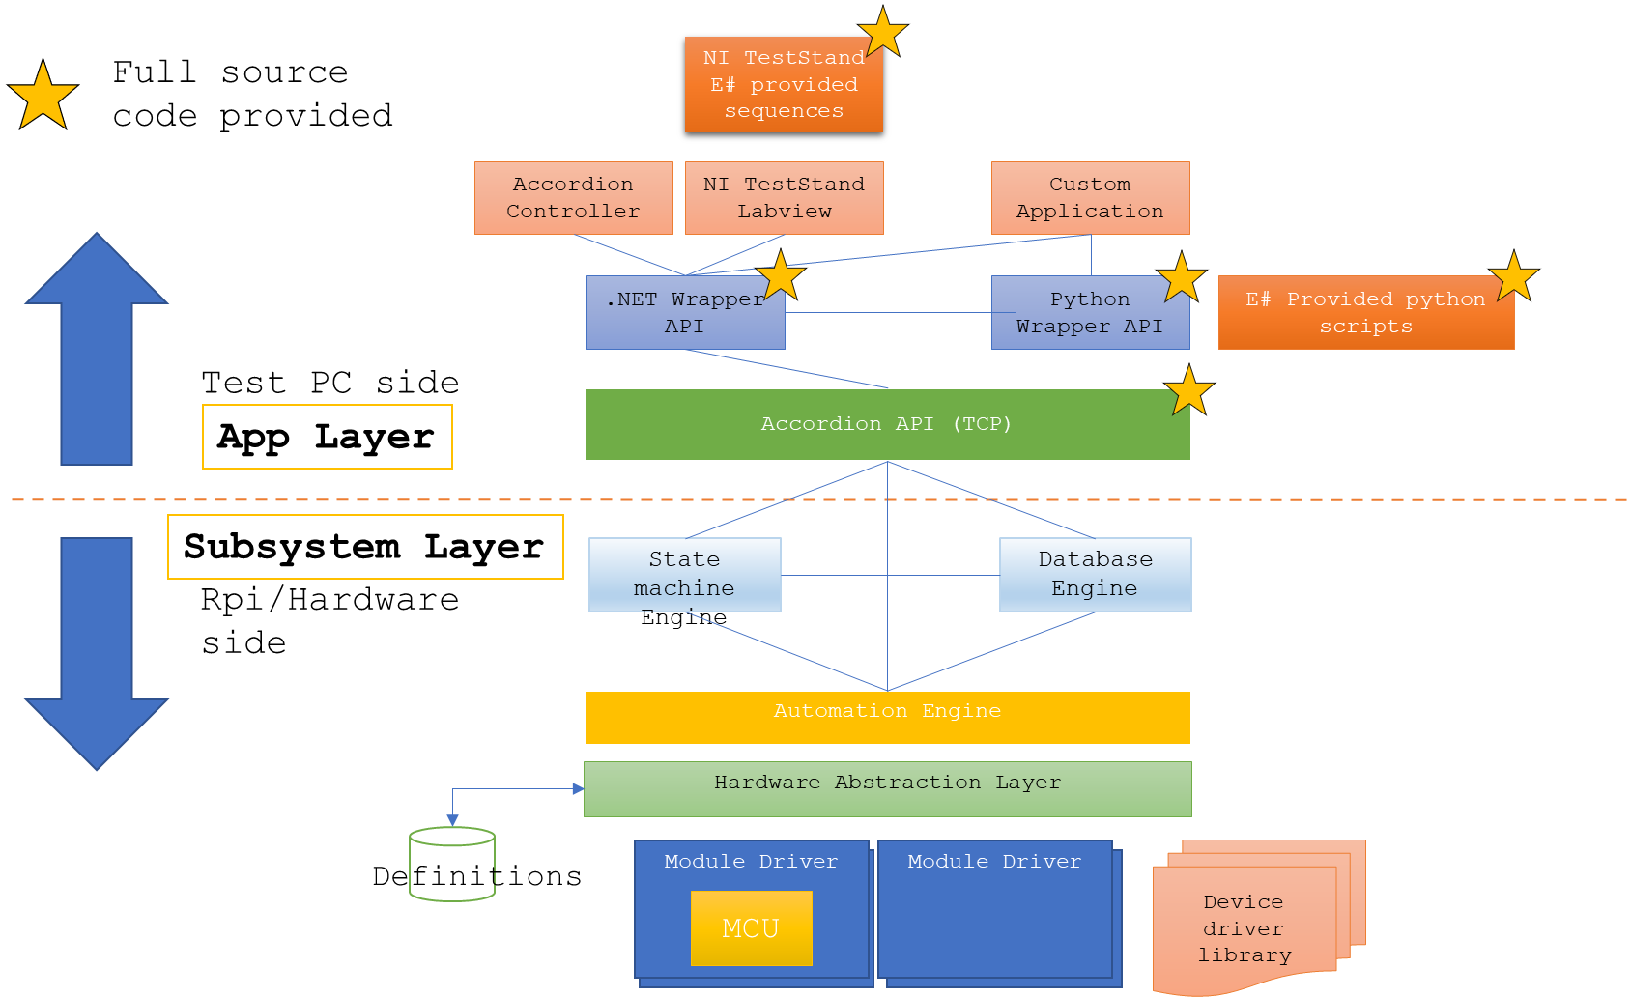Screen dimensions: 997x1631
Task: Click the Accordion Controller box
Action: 573,198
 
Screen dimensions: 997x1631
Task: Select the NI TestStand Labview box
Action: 784,198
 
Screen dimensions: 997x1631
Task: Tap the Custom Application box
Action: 1090,198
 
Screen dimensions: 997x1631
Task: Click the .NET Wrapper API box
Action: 684,313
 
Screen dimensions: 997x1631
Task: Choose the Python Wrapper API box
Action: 1089,313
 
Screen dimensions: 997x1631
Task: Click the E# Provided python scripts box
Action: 1365,313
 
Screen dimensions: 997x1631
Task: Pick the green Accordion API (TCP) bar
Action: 887,425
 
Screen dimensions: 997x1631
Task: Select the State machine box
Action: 684,575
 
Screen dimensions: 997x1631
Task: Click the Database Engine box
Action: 1095,575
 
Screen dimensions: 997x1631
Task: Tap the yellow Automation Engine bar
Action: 887,718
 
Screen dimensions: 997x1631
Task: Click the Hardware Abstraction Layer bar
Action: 887,789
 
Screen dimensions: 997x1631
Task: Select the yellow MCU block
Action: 751,928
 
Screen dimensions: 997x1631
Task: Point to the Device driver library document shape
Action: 1245,928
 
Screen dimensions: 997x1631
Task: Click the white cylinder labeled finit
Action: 452,865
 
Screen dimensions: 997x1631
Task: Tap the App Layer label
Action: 327,437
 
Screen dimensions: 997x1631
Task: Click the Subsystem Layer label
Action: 365,547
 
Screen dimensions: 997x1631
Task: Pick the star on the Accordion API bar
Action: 1189,391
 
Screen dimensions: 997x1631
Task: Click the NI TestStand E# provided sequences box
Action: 784,85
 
